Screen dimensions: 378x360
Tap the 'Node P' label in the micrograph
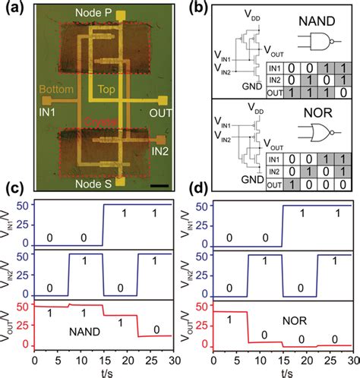click(x=91, y=14)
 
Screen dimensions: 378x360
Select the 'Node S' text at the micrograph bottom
click(x=92, y=183)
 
